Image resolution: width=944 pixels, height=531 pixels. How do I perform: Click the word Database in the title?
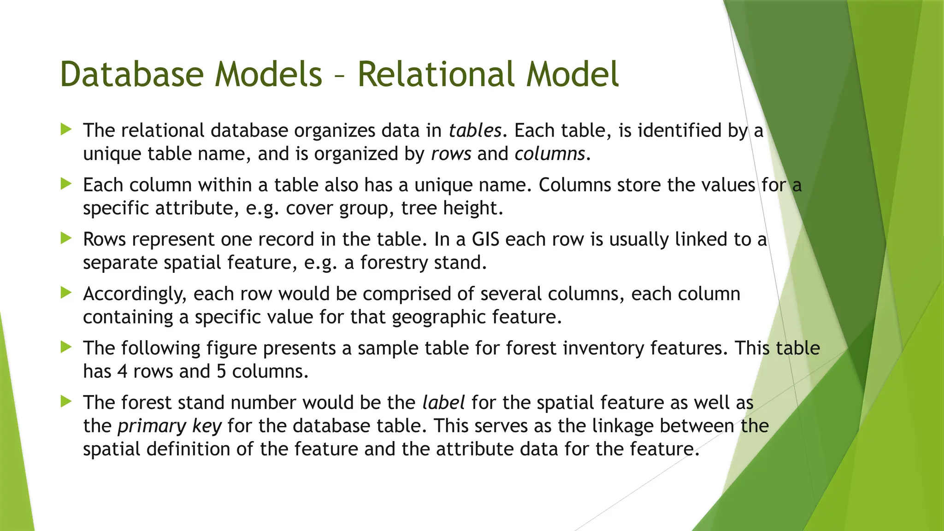132,74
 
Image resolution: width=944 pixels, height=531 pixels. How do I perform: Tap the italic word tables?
475,130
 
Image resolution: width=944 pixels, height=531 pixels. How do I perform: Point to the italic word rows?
451,153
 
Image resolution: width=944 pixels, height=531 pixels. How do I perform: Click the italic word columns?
549,153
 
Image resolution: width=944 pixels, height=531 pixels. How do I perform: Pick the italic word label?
443,402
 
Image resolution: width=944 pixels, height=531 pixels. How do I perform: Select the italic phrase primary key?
170,426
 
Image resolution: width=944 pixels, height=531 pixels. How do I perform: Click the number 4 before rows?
122,371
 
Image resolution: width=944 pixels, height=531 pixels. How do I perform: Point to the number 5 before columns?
221,371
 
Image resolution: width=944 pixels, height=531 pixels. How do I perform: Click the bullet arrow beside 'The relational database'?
66,130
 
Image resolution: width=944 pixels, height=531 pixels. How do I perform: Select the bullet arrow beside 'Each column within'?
66,184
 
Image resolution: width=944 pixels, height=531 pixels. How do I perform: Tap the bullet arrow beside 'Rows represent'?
66,238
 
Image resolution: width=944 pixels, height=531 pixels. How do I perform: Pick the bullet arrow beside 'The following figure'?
66,347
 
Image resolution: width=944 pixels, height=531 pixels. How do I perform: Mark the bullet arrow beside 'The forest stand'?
66,401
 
